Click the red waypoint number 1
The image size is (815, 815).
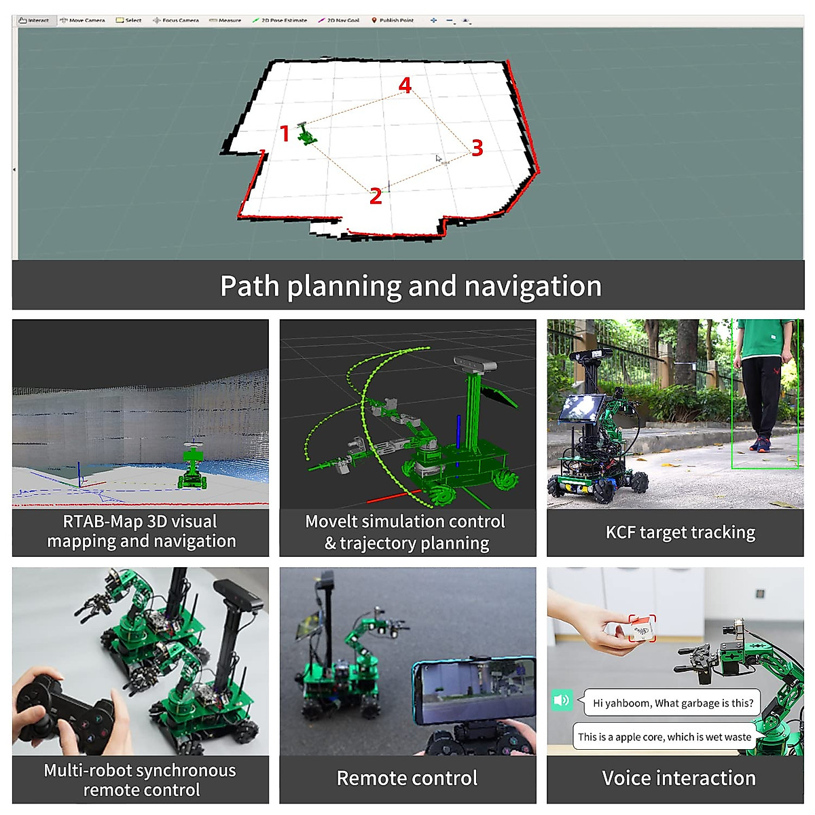pos(285,134)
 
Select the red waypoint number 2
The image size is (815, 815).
pos(376,196)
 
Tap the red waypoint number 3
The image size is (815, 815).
pos(477,147)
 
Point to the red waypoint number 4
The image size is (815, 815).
pos(405,86)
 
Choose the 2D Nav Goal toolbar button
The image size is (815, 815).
pos(339,20)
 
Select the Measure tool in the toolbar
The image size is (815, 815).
pos(225,20)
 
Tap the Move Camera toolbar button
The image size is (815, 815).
pos(83,20)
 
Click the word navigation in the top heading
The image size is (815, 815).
pos(532,287)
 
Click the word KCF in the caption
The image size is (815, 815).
pos(620,532)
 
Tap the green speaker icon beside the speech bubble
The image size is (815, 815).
pos(561,700)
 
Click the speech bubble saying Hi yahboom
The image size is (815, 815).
pos(672,703)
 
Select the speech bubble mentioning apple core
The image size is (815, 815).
pos(664,737)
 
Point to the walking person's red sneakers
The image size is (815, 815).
pos(760,446)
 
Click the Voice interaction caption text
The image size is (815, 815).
pos(678,778)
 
